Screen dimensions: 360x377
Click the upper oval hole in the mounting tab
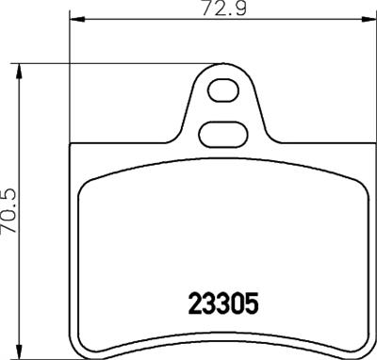(x=224, y=92)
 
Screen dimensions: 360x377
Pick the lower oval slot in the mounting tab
(x=224, y=133)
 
